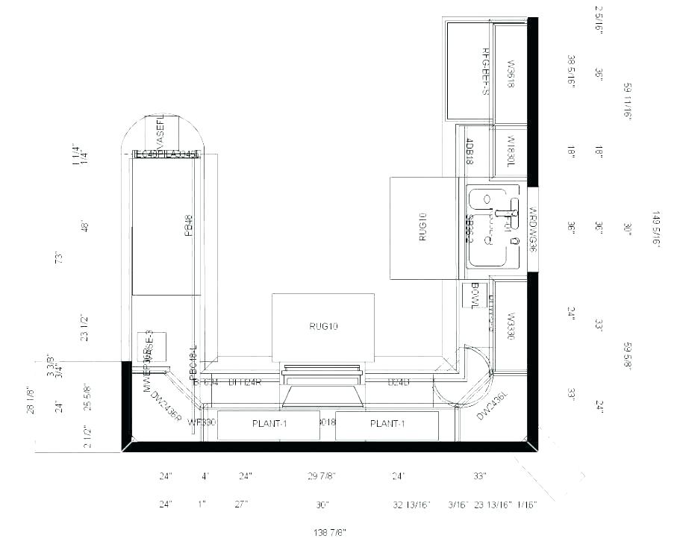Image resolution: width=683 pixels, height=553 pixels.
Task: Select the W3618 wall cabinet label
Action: (511, 74)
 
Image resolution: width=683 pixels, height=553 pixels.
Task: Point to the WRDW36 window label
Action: (533, 228)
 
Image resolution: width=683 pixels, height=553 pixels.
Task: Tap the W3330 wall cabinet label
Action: (511, 326)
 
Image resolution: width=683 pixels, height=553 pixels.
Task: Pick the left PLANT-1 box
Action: (269, 424)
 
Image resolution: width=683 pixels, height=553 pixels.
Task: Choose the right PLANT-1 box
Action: (387, 424)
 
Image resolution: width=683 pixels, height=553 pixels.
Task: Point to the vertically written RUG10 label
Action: (422, 227)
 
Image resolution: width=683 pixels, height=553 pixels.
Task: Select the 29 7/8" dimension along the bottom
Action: (322, 476)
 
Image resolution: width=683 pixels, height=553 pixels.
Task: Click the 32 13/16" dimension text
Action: (411, 505)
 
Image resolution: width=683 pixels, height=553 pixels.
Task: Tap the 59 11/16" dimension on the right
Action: (628, 101)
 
